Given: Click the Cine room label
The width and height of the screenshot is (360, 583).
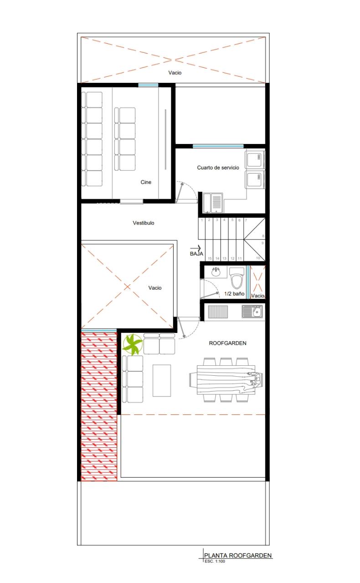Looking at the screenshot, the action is point(146,182).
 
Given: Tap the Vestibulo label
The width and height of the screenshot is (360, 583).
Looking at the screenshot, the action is point(143,223).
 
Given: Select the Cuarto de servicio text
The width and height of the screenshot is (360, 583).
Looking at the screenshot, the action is point(218,168).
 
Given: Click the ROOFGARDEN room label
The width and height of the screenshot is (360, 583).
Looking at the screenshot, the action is point(228,343).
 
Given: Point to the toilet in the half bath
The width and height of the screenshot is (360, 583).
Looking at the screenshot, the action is point(237,278).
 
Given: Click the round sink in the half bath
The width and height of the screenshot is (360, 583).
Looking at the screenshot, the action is point(216,272).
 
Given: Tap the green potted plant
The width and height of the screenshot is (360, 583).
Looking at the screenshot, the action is point(133,344).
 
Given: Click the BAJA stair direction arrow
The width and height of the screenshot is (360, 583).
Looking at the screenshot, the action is point(195,248).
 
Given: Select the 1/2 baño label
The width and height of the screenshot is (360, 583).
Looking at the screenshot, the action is point(234,294).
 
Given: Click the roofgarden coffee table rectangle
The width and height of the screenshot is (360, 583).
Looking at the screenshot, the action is point(162,380).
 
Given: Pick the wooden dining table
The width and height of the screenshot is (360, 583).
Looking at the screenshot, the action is point(226,380).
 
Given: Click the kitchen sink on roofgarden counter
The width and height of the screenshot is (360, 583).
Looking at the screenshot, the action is point(252,312).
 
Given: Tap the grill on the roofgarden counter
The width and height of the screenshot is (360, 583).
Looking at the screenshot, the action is point(218,312).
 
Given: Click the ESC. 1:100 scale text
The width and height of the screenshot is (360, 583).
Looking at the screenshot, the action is point(215,562).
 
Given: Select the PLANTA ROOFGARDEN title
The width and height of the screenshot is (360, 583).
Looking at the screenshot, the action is point(238,555).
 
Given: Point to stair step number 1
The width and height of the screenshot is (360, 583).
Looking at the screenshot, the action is point(202,220).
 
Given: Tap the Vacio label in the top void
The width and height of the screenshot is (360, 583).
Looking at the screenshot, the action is point(175,73).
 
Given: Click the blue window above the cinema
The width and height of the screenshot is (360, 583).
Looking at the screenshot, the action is point(148,85).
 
